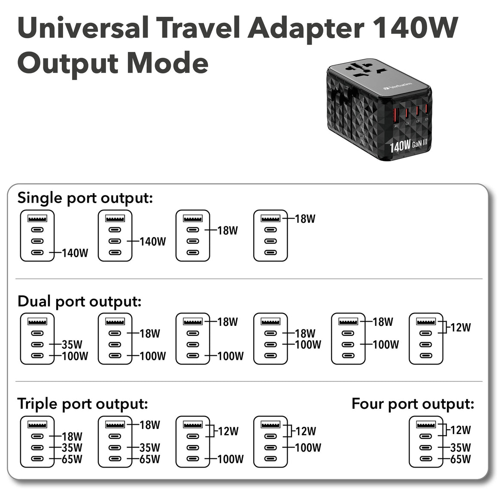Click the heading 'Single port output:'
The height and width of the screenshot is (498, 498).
pyautogui.click(x=85, y=198)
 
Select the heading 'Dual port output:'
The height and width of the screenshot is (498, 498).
pyautogui.click(x=79, y=301)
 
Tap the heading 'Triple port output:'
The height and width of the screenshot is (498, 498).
pyautogui.click(x=82, y=404)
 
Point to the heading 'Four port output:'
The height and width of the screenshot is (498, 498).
pyautogui.click(x=413, y=404)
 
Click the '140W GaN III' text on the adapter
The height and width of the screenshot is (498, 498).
pyautogui.click(x=408, y=145)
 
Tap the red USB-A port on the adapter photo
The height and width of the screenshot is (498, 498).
pyautogui.click(x=396, y=115)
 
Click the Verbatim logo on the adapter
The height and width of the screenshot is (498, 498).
pyautogui.click(x=398, y=85)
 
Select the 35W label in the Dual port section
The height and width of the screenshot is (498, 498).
pyautogui.click(x=72, y=344)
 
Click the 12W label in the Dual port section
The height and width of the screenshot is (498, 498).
pyautogui.click(x=460, y=328)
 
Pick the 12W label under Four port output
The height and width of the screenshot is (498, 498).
pyautogui.click(x=460, y=430)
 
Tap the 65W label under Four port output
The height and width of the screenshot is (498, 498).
pyautogui.click(x=460, y=459)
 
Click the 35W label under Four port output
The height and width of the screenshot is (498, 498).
pyautogui.click(x=460, y=448)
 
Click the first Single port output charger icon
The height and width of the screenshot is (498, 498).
pyautogui.click(x=37, y=236)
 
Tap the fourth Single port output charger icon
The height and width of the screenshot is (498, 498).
pyautogui.click(x=270, y=236)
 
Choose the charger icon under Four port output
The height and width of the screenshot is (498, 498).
pyautogui.click(x=426, y=442)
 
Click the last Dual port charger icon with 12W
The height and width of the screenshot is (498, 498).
pyautogui.click(x=426, y=339)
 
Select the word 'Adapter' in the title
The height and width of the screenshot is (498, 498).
pyautogui.click(x=306, y=28)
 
